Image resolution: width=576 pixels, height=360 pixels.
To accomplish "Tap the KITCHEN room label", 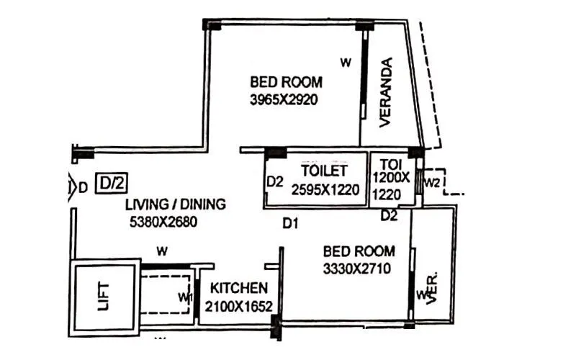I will pos(239,287).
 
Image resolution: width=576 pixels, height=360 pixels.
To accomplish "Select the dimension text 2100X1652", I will pos(239,306).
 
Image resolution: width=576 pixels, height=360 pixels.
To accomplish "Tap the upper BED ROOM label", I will pos(286,81).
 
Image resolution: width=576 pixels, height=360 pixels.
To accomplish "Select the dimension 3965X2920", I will pos(284,100).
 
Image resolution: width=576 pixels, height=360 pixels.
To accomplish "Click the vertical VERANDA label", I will pos(387,91).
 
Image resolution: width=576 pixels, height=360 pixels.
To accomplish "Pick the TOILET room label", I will pos(324,171).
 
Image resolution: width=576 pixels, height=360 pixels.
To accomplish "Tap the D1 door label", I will pos(290,225).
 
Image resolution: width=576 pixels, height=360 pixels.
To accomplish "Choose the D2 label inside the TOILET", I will pos(274,181).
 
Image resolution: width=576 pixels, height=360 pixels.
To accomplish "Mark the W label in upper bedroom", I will pos(346,63).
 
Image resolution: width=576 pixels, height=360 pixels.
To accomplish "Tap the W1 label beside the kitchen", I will pos(186,297).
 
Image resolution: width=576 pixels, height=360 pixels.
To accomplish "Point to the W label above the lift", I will pos(163,252).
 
